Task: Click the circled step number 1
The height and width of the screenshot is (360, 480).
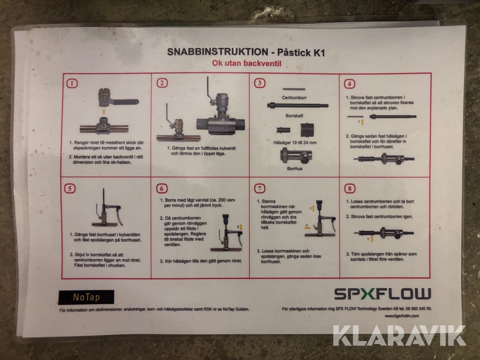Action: (x=72, y=83)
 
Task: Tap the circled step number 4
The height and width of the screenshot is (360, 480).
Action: (x=349, y=84)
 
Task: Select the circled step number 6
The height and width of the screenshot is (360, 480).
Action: (x=162, y=189)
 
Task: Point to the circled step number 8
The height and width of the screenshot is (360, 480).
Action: (x=349, y=189)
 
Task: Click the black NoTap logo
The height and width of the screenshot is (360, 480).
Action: (x=86, y=297)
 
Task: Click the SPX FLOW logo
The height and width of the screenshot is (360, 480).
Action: (x=382, y=294)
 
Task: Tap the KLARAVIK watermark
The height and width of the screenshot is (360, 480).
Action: (x=399, y=335)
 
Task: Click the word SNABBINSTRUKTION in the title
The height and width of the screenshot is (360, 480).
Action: (x=218, y=52)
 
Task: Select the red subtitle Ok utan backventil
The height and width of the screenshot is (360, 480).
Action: (x=246, y=63)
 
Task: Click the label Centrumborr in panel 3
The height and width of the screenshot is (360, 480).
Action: (x=294, y=98)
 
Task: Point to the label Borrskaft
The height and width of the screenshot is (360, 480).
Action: (x=294, y=116)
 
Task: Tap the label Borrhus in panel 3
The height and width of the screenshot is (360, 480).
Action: (x=295, y=169)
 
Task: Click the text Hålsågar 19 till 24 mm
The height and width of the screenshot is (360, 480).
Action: (x=295, y=142)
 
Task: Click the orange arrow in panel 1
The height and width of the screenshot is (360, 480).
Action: (x=104, y=111)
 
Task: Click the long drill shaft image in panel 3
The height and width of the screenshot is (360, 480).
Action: (x=298, y=106)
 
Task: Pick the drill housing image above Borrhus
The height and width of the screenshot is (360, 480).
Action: (x=295, y=156)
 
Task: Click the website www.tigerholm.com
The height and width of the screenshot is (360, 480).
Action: (x=402, y=316)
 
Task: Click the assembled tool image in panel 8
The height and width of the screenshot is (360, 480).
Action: (x=383, y=234)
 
